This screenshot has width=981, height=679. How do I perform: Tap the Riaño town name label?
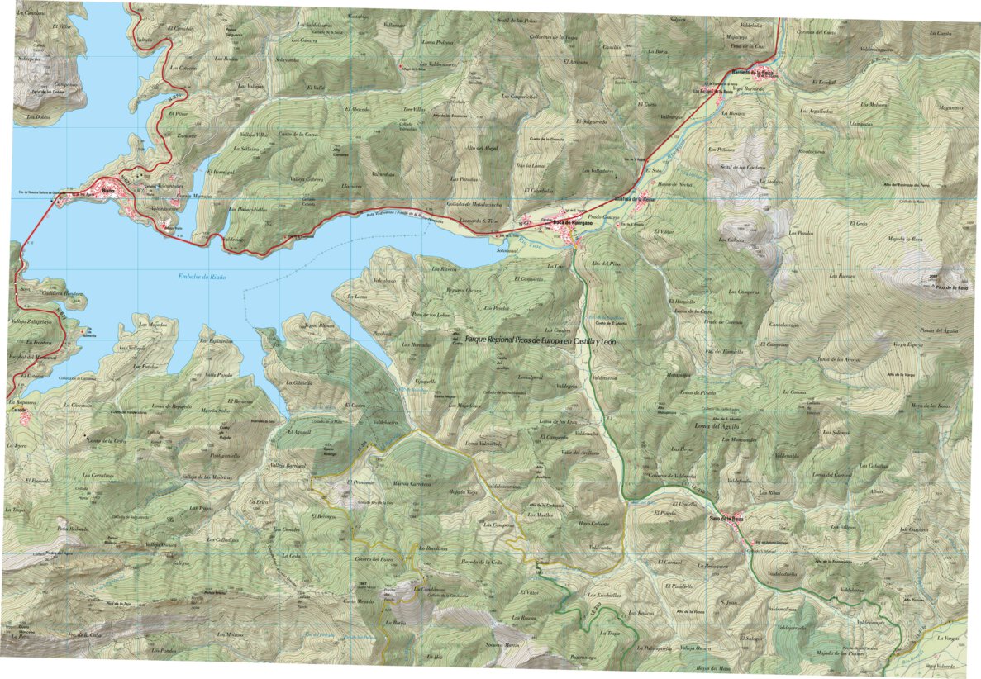point(107,188)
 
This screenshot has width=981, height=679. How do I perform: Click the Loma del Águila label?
point(715,425)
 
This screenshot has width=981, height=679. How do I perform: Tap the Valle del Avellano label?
point(579,453)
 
